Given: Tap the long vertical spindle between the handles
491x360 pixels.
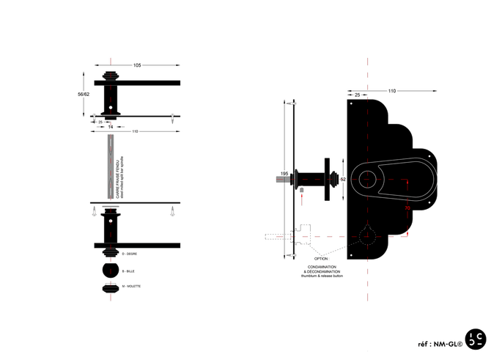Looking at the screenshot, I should point(110,165).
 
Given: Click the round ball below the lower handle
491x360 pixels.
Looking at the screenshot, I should point(110,271).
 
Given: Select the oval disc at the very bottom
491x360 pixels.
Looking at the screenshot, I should point(110,287).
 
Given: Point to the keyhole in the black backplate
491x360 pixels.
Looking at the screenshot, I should point(366,237).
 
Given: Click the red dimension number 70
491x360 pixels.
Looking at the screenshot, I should point(407,207).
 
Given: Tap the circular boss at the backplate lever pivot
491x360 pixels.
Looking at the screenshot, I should point(366,177).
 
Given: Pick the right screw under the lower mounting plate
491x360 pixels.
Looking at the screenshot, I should point(173,213).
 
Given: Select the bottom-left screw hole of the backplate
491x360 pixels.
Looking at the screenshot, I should point(352,255).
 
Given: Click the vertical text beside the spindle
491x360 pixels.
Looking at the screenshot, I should point(119,176).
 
